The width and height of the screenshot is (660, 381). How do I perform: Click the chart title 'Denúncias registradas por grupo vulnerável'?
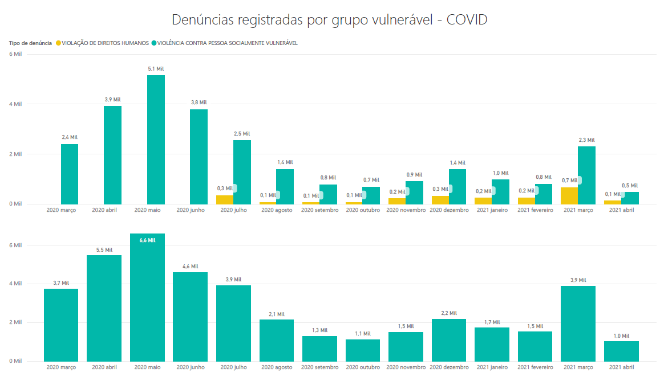(x=330, y=20)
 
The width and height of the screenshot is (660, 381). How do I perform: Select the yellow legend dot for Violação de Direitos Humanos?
(x=58, y=43)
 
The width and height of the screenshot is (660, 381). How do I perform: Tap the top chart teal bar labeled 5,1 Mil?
(x=156, y=140)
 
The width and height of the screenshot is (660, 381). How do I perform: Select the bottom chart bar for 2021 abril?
(x=621, y=351)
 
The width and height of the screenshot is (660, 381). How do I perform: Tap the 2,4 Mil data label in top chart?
(x=70, y=137)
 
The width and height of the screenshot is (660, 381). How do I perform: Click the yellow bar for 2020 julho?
(x=224, y=199)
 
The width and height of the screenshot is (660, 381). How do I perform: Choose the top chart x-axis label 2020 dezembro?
(x=449, y=210)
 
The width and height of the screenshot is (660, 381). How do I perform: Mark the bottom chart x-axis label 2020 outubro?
(x=363, y=367)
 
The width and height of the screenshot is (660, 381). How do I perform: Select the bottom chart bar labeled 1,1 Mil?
(x=363, y=350)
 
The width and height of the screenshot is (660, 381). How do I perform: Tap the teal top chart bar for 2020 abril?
(x=112, y=155)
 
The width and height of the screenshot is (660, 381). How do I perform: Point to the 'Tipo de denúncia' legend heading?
(x=30, y=43)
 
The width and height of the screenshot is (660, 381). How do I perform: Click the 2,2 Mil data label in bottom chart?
(x=449, y=313)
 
